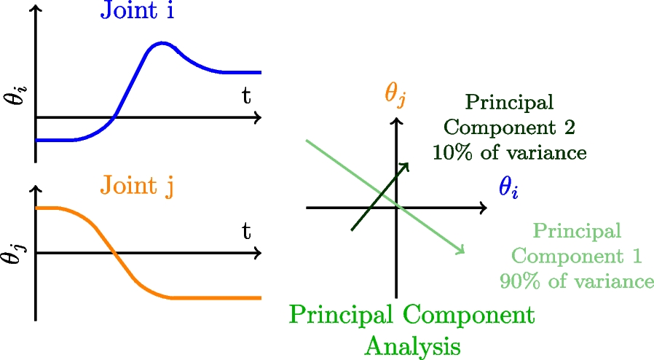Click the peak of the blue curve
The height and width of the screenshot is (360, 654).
pyautogui.click(x=162, y=45)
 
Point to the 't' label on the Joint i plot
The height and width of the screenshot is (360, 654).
pyautogui.click(x=247, y=95)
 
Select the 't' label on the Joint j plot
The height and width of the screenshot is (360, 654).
pyautogui.click(x=247, y=232)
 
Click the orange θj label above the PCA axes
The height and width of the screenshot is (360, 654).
pyautogui.click(x=395, y=94)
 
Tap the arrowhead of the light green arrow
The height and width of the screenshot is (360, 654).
pyautogui.click(x=462, y=251)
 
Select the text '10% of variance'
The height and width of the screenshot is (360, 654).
pyautogui.click(x=509, y=153)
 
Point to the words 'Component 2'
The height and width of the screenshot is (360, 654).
pyautogui.click(x=509, y=128)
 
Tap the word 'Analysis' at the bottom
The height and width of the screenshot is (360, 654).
pyautogui.click(x=412, y=345)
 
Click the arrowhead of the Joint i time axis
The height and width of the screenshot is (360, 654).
pyautogui.click(x=259, y=117)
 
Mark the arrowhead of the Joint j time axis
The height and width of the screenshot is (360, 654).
pyautogui.click(x=259, y=253)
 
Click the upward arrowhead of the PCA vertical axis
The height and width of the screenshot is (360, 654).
pyautogui.click(x=397, y=121)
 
